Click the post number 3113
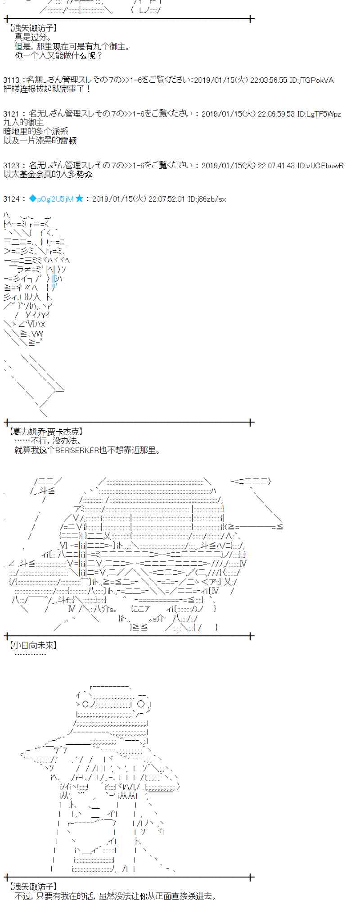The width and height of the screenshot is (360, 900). [11, 80]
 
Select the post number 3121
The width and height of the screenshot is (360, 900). [11, 114]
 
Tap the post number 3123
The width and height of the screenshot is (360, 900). [11, 165]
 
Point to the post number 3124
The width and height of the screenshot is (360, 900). [11, 198]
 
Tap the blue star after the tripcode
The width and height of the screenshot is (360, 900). [80, 198]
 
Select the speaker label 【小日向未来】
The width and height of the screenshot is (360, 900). [33, 645]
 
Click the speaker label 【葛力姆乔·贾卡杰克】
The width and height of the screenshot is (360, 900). [45, 432]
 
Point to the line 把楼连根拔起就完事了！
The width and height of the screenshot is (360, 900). [47, 89]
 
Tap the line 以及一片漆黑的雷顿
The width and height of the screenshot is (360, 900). [40, 140]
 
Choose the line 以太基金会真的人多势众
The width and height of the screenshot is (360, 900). [48, 174]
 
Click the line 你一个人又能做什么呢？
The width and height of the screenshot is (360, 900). [58, 55]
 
